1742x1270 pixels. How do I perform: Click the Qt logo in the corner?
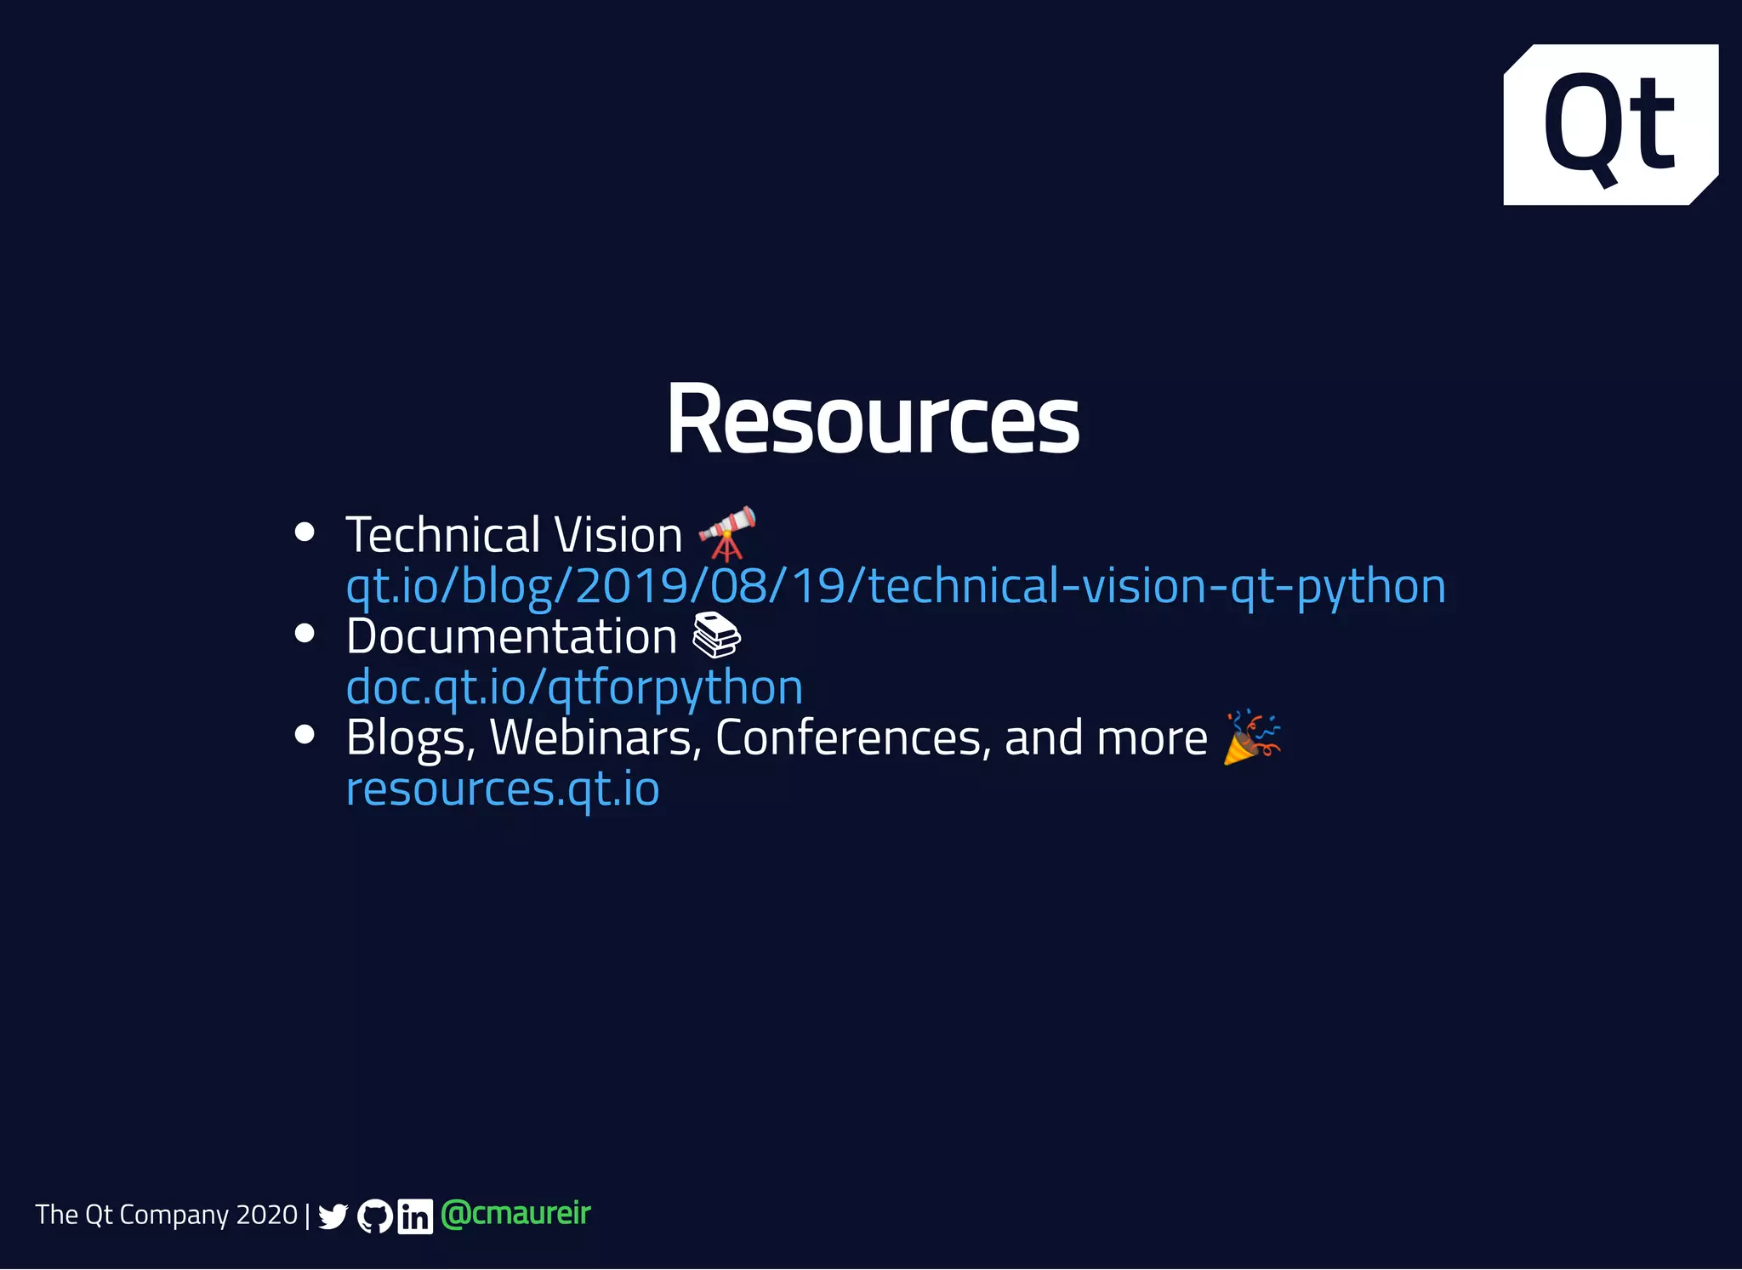coord(1610,124)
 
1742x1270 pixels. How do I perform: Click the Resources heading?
coord(873,419)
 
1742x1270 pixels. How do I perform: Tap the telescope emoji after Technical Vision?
coord(727,533)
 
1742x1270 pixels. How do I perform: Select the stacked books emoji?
coord(717,635)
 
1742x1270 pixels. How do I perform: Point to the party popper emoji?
coord(1252,737)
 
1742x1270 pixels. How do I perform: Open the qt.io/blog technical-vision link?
coord(895,586)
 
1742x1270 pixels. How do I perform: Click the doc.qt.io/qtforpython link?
coord(574,687)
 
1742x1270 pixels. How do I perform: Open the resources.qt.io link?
coord(503,789)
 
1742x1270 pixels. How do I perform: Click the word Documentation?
coord(511,636)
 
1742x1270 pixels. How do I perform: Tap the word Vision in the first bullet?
coord(618,535)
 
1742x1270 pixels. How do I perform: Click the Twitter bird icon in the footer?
coord(333,1216)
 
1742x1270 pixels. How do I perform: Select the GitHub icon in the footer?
coord(374,1216)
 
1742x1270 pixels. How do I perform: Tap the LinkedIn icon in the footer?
coord(415,1216)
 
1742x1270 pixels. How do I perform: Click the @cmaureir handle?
coord(515,1214)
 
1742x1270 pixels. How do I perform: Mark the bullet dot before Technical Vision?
coord(305,532)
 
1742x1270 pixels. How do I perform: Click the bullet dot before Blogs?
coord(305,734)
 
